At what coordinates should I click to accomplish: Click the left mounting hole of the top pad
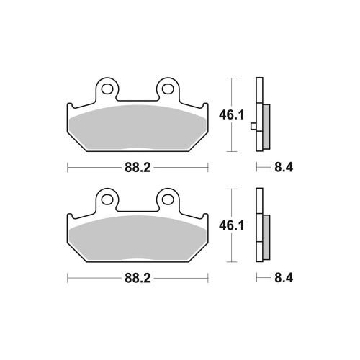pyautogui.click(x=107, y=89)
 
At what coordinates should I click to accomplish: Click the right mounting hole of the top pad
pyautogui.click(x=168, y=89)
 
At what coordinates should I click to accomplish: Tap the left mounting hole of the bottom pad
pyautogui.click(x=107, y=199)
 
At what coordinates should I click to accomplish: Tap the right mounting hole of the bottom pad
pyautogui.click(x=168, y=199)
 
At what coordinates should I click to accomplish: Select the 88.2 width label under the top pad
pyautogui.click(x=138, y=167)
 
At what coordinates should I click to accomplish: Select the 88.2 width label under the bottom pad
pyautogui.click(x=138, y=278)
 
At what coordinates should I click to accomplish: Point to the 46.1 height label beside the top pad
pyautogui.click(x=231, y=115)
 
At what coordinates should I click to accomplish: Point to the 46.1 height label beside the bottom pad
pyautogui.click(x=231, y=226)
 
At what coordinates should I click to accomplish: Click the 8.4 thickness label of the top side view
pyautogui.click(x=284, y=167)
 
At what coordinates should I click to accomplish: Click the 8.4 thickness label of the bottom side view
pyautogui.click(x=284, y=278)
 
